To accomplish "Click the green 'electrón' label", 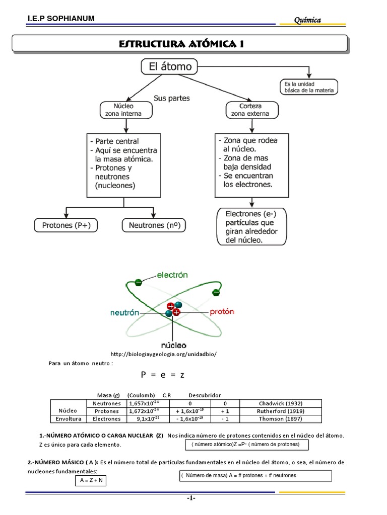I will tap(172, 275).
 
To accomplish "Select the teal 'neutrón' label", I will tap(124, 312).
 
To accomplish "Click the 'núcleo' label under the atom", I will tap(173, 346).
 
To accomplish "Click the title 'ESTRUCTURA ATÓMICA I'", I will tap(181, 44).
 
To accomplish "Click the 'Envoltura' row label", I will tap(68, 418).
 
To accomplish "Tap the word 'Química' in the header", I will tap(307, 20).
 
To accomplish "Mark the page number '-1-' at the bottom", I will tap(191, 498).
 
